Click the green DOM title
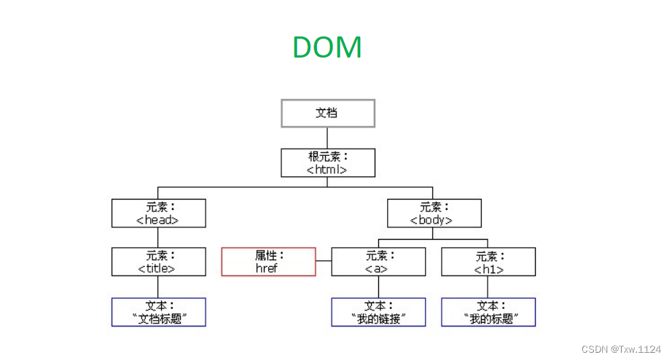pos(327,48)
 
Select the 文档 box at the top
pos(327,114)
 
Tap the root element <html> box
pos(327,163)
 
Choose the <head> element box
pos(158,213)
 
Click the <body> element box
pos(434,213)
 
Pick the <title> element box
pos(158,262)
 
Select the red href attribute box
pos(268,262)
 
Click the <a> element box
pos(378,262)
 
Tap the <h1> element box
pos(488,262)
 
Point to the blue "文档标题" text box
pos(158,312)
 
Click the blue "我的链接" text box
pos(378,312)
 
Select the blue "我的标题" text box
pos(488,312)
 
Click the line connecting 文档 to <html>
pos(327,138)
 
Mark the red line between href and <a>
pos(324,262)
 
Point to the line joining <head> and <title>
pos(158,238)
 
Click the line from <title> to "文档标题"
pos(158,286)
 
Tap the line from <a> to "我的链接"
pos(378,286)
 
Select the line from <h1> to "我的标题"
pos(488,286)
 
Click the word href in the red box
pos(267,268)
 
